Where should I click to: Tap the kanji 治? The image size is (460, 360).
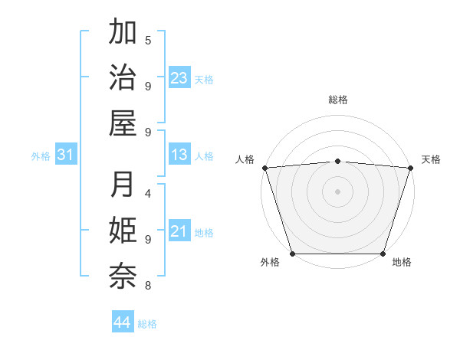[x=123, y=78]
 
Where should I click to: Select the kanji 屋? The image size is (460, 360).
[x=123, y=123]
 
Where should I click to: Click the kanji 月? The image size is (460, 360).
[x=123, y=185]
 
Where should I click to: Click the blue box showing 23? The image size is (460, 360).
[x=179, y=78]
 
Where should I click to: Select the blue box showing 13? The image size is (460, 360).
[x=179, y=155]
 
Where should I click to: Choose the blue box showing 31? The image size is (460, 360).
[x=66, y=155]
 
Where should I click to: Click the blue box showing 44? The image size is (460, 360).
[x=123, y=322]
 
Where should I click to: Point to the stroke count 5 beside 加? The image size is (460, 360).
[x=148, y=40]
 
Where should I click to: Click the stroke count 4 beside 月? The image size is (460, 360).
[x=148, y=194]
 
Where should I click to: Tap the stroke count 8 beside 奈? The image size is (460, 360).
[x=148, y=286]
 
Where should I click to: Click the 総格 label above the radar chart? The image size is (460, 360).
[x=338, y=100]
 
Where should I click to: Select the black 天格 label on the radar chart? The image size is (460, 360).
[x=432, y=159]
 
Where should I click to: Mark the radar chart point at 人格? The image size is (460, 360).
[x=264, y=167]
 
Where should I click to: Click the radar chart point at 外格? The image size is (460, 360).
[x=292, y=253]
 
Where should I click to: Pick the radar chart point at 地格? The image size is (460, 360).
[x=383, y=253]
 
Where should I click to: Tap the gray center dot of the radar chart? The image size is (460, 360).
[x=337, y=191]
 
